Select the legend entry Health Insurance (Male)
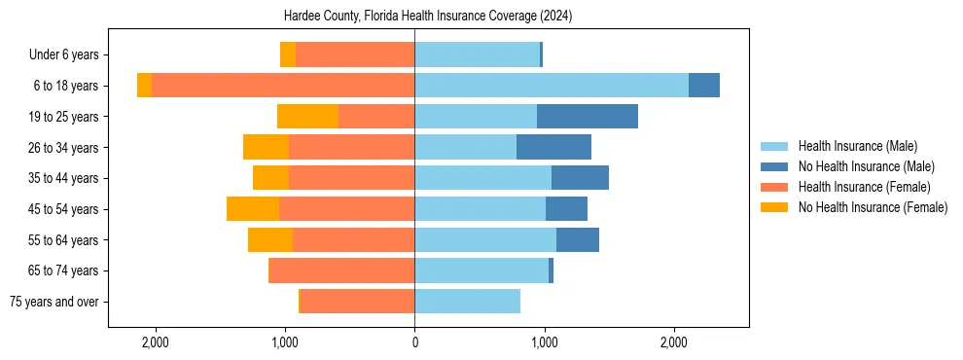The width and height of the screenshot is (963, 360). (857, 146)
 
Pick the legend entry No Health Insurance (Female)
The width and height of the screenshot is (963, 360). (873, 207)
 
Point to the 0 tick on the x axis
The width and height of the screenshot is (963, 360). (414, 342)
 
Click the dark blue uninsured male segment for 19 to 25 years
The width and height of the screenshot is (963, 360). (588, 117)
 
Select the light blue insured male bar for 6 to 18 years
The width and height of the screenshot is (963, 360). (552, 86)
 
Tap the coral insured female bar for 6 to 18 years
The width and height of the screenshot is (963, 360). (283, 86)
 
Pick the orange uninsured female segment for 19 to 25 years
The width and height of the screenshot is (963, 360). (307, 117)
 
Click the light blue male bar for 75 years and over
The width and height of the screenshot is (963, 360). (467, 302)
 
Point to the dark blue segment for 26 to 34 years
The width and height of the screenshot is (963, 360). (553, 147)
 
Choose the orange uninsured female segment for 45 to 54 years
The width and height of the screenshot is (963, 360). (253, 209)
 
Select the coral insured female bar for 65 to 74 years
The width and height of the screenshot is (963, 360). (341, 270)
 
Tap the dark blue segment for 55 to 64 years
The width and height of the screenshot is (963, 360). (578, 239)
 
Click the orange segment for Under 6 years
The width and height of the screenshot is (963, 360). (288, 55)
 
